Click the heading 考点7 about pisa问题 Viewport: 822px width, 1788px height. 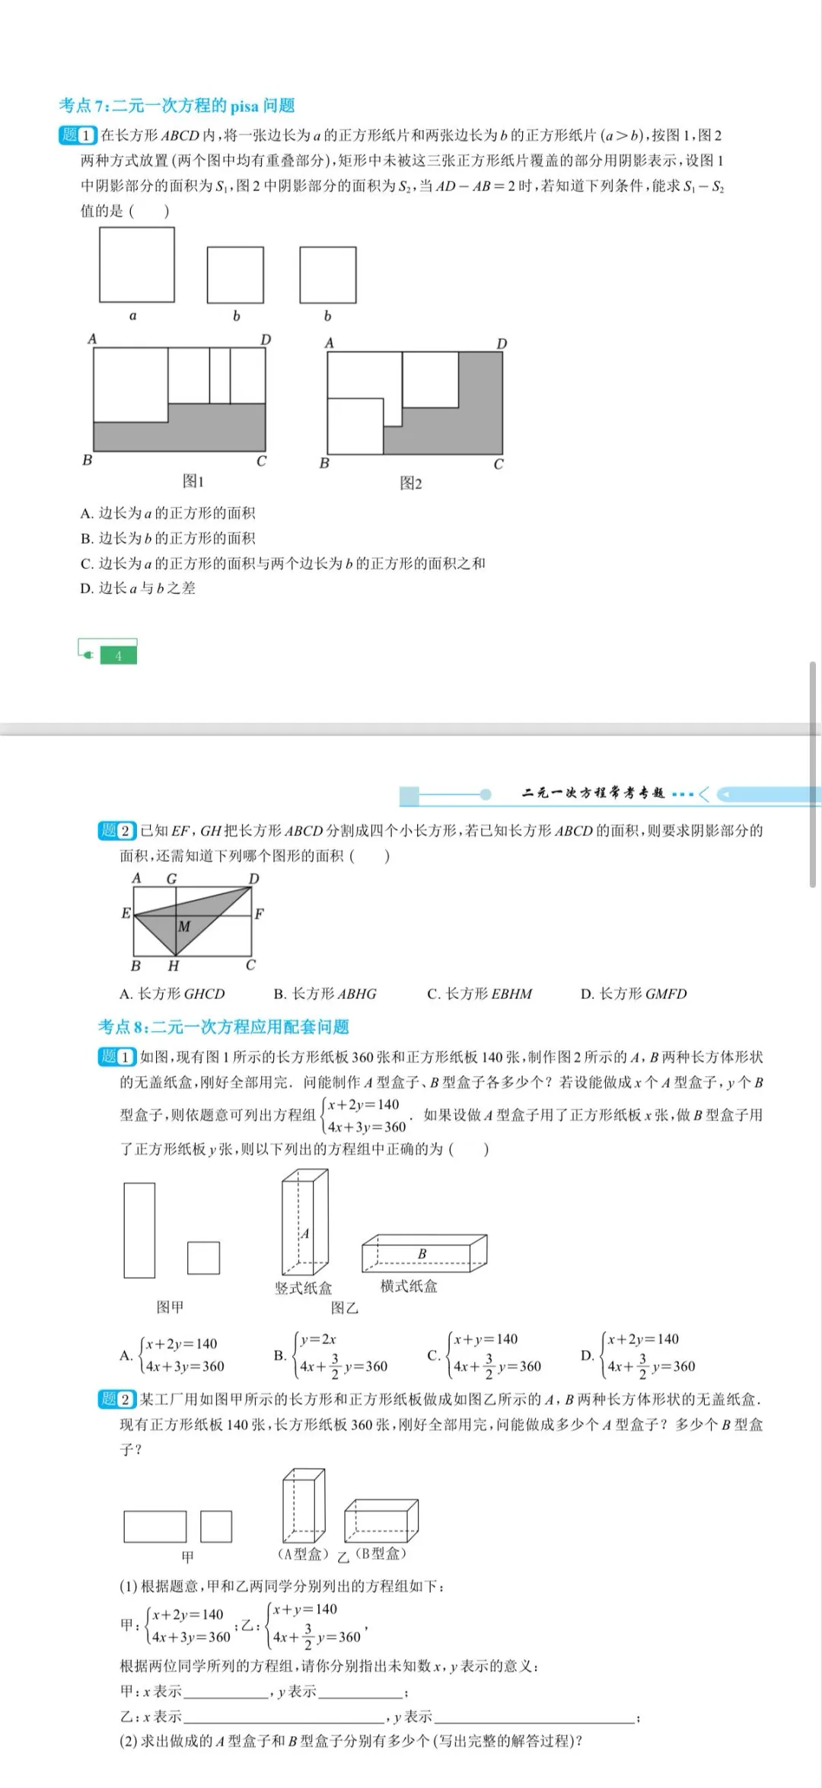click(x=177, y=105)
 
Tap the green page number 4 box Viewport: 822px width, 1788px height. click(x=118, y=656)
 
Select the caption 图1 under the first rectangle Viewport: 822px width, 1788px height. click(x=193, y=481)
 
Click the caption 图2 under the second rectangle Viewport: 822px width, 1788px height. click(x=411, y=484)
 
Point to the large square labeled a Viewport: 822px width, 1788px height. click(x=137, y=264)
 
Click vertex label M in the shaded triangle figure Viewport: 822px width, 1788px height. click(x=184, y=927)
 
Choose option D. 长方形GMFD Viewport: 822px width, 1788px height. click(x=633, y=994)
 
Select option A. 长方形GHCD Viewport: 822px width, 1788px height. click(x=172, y=994)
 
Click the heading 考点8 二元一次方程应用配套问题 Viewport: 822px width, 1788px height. click(x=223, y=1027)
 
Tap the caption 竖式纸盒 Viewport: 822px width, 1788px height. click(x=304, y=1288)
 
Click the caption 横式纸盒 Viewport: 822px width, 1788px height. click(x=409, y=1286)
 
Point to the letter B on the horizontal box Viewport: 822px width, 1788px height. click(x=422, y=1253)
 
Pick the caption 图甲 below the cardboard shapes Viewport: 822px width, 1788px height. click(x=170, y=1307)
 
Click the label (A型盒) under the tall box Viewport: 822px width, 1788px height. click(x=303, y=1553)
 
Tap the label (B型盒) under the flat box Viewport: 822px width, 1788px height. click(x=381, y=1553)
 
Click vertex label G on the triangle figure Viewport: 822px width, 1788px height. click(x=171, y=879)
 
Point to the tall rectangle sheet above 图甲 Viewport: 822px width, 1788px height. click(x=139, y=1230)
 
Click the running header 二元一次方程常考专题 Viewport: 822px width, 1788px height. click(x=593, y=793)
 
